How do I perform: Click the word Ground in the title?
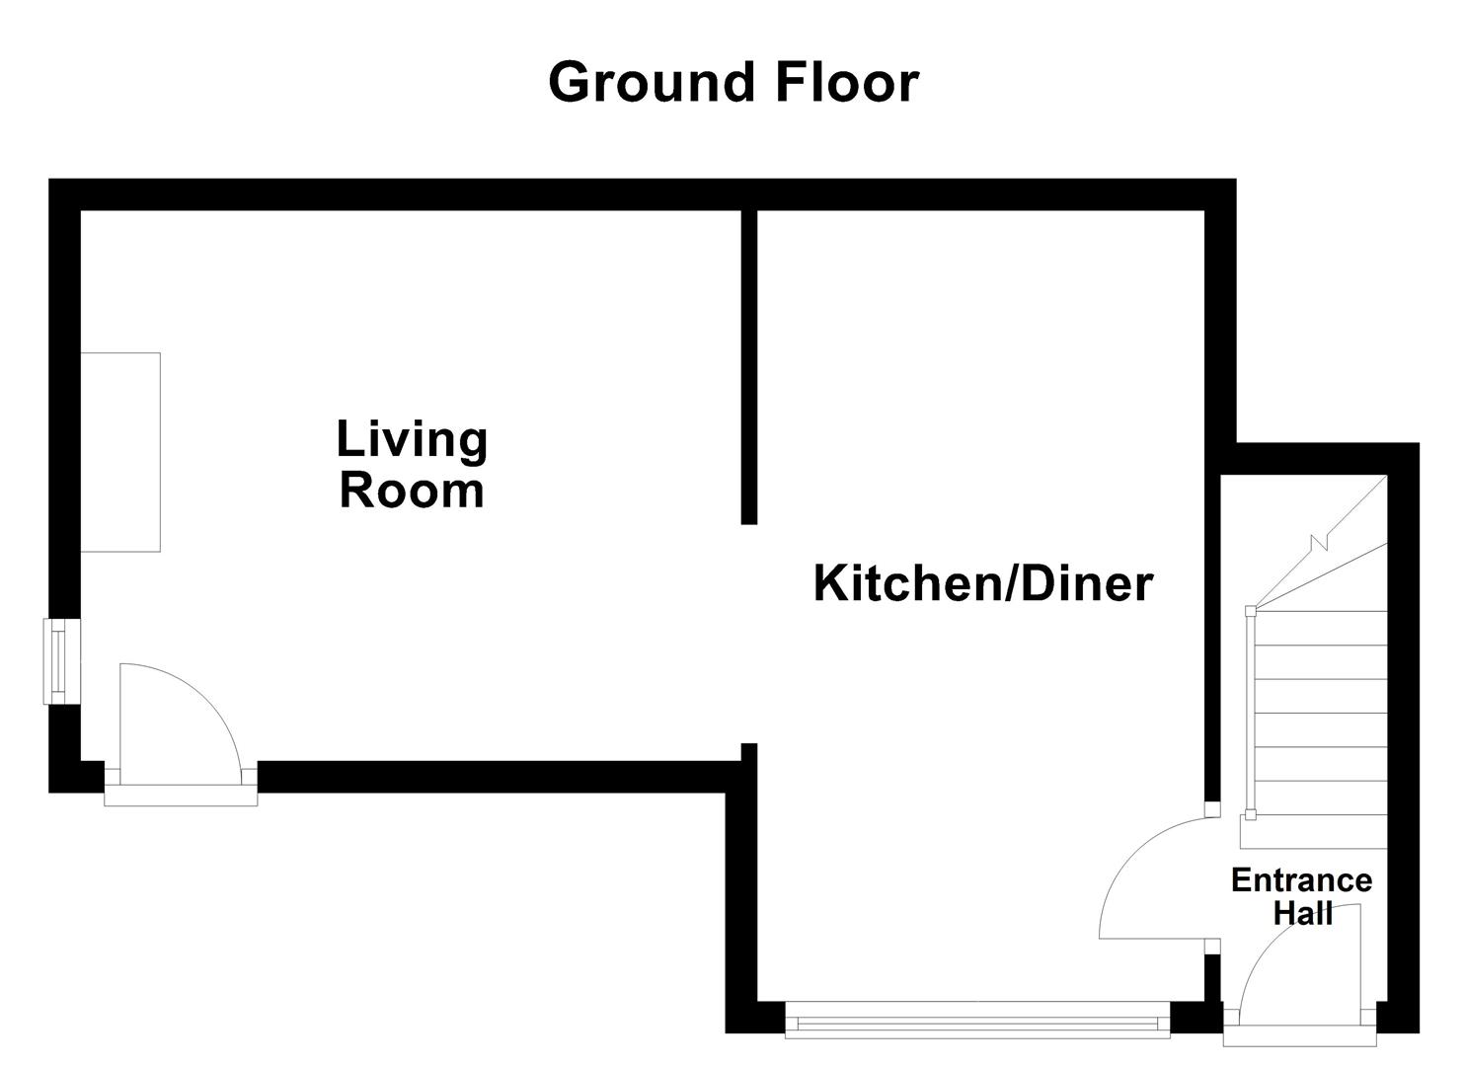pyautogui.click(x=655, y=82)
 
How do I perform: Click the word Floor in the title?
pyautogui.click(x=847, y=82)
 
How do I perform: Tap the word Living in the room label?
pyautogui.click(x=412, y=439)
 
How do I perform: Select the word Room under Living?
pyautogui.click(x=412, y=491)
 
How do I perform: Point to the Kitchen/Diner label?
pyautogui.click(x=982, y=583)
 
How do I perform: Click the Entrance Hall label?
pyautogui.click(x=1301, y=896)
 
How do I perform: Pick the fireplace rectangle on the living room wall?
pyautogui.click(x=120, y=451)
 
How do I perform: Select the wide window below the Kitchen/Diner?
pyautogui.click(x=976, y=1019)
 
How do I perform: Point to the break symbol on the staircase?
pyautogui.click(x=1320, y=541)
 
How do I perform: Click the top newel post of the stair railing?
pyautogui.click(x=1251, y=611)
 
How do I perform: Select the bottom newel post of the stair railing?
pyautogui.click(x=1251, y=814)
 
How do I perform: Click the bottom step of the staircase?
pyautogui.click(x=1313, y=831)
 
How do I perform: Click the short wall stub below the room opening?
pyautogui.click(x=749, y=753)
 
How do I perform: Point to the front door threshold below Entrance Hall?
pyautogui.click(x=1299, y=1037)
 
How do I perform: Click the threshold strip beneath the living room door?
pyautogui.click(x=181, y=796)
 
